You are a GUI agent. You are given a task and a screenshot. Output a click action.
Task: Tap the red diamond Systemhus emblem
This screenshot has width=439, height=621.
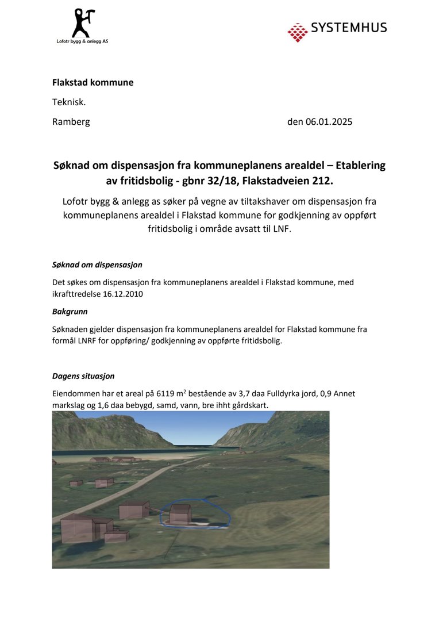tap(297, 32)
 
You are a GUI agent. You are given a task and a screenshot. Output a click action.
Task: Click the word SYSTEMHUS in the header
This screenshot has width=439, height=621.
tap(349, 28)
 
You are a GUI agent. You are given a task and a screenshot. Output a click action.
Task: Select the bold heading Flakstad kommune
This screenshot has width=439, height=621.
tap(93, 82)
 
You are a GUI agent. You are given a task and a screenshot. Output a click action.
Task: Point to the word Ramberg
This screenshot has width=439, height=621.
tap(71, 121)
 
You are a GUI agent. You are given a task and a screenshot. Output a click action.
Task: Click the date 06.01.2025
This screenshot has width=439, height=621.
tap(329, 121)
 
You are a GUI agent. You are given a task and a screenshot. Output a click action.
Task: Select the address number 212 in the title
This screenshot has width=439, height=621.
tap(321, 182)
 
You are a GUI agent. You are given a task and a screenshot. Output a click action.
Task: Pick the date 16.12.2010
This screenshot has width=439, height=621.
tap(123, 293)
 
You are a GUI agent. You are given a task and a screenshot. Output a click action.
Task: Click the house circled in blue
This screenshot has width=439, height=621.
tap(180, 513)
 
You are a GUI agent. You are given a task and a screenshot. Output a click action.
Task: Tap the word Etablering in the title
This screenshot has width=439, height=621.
tap(360, 166)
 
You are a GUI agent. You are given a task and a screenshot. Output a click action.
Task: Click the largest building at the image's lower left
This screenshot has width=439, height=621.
tap(77, 528)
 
